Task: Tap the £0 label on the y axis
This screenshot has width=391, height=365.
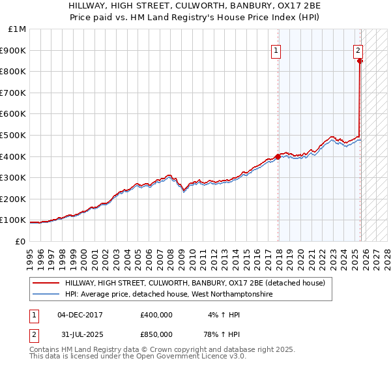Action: pos(21,241)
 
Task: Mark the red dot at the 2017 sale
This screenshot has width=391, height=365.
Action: pos(278,156)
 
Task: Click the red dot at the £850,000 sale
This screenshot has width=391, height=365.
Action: pos(360,61)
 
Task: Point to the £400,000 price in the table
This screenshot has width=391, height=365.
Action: pos(156,315)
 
